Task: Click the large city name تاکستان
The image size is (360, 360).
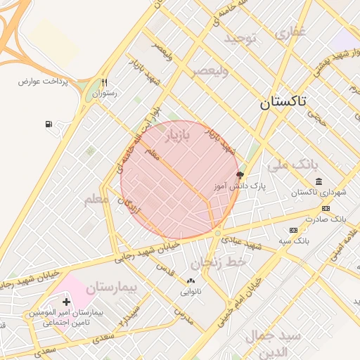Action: pos(283,102)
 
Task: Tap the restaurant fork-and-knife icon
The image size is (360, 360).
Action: pos(104,82)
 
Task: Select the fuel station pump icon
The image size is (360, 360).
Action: pos(49,124)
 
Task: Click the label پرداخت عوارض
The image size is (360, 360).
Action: pos(44,82)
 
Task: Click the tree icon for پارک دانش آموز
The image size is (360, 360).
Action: pos(240,174)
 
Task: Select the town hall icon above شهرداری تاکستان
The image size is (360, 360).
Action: pos(319,181)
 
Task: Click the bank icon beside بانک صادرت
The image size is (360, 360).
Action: pos(326,208)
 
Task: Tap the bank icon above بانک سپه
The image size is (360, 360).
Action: pos(293,230)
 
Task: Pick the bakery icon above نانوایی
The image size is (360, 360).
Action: pos(191,281)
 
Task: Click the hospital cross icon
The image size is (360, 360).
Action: pos(67,301)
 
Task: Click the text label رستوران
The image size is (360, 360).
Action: pos(104,93)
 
